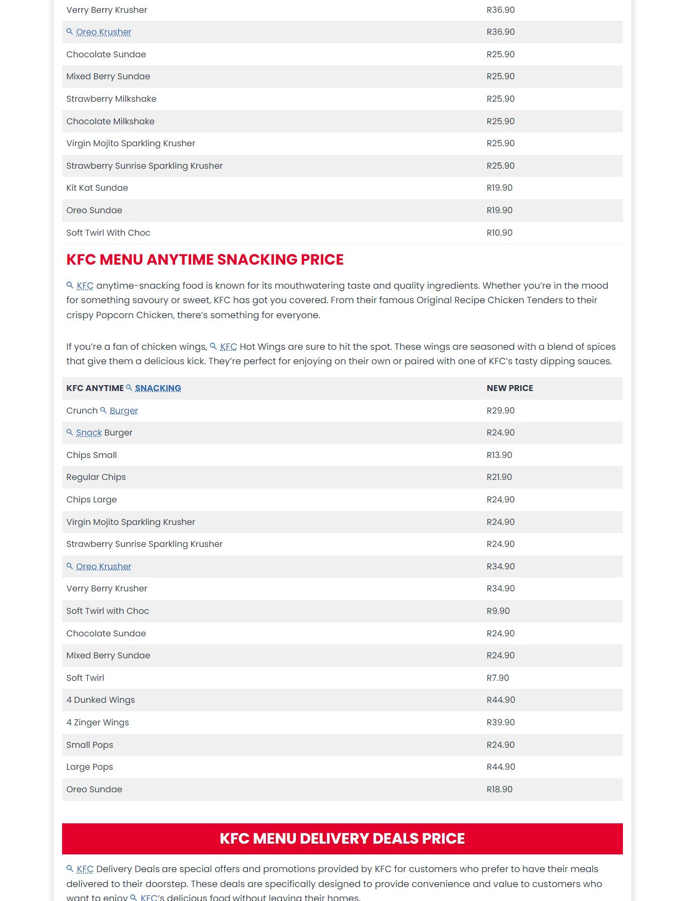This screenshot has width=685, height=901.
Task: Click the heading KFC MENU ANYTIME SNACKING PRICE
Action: (205, 260)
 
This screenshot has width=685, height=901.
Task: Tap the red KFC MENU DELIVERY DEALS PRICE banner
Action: (342, 838)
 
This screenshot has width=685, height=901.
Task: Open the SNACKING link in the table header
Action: (158, 388)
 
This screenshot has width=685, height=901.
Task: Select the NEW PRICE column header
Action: (509, 388)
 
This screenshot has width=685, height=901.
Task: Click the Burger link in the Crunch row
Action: (124, 411)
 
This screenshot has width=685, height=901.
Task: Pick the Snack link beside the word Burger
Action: (89, 433)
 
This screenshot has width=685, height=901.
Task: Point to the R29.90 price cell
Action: (500, 411)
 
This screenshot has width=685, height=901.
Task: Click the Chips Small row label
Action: (92, 455)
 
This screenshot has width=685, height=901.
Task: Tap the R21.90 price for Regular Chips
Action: (499, 477)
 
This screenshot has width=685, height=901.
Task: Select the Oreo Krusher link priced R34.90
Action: (103, 567)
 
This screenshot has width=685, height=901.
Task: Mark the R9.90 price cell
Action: (498, 611)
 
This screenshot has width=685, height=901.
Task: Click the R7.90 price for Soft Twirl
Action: (498, 678)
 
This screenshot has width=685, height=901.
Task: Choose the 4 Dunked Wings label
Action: (101, 700)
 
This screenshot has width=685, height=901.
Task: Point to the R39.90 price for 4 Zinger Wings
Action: (500, 723)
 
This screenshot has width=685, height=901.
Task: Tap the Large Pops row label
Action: (89, 767)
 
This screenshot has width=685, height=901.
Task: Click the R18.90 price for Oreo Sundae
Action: (499, 790)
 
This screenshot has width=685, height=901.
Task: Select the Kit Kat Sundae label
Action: (97, 188)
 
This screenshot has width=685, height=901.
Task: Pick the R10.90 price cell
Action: (499, 233)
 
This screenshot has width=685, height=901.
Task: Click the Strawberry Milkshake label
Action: (111, 99)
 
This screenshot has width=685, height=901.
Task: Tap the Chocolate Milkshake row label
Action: (110, 122)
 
